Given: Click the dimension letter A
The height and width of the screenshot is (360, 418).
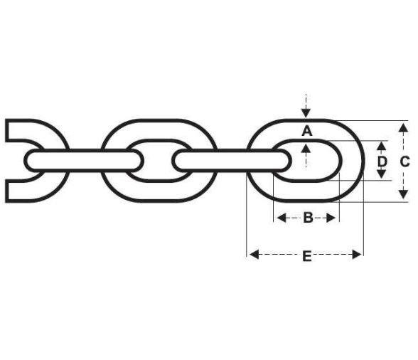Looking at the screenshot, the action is pyautogui.click(x=306, y=132).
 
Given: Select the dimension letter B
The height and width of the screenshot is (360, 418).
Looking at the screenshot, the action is pyautogui.click(x=308, y=218).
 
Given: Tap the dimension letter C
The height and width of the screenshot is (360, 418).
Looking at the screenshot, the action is pyautogui.click(x=404, y=162).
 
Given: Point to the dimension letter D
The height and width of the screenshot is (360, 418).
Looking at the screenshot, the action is pyautogui.click(x=382, y=162).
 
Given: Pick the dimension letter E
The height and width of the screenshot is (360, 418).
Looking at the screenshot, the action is pyautogui.click(x=307, y=256).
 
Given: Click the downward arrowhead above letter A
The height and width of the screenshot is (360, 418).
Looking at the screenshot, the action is pyautogui.click(x=306, y=113).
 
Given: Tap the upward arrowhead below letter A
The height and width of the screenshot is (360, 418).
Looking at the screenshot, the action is pyautogui.click(x=306, y=148).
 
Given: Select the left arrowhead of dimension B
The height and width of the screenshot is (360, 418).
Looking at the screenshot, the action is pyautogui.click(x=282, y=218).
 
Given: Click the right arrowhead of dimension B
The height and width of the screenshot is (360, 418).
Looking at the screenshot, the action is pyautogui.click(x=331, y=218).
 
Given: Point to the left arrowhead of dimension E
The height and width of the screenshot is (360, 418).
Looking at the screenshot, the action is pyautogui.click(x=254, y=254).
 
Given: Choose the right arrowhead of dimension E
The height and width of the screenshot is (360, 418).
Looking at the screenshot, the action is pyautogui.click(x=357, y=254).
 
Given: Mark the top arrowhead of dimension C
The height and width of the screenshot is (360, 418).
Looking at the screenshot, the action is pyautogui.click(x=404, y=128).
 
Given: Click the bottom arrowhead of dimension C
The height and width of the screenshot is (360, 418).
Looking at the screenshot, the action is pyautogui.click(x=404, y=194).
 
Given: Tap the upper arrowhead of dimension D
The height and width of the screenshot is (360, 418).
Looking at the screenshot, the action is pyautogui.click(x=382, y=146).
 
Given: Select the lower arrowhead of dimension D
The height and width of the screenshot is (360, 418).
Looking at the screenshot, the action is pyautogui.click(x=382, y=174).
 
